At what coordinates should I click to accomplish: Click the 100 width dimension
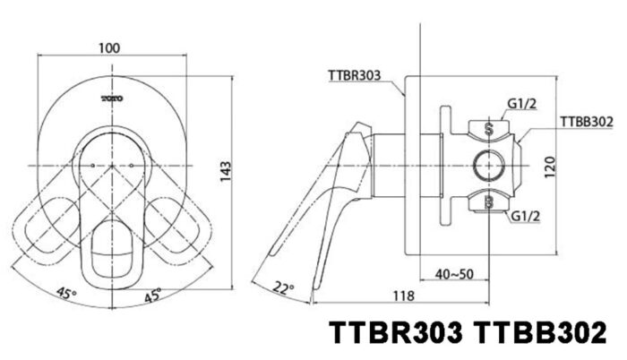click(111, 47)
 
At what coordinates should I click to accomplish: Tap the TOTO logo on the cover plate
click(113, 95)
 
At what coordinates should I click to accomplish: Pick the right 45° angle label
click(152, 294)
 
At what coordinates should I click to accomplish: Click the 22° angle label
click(284, 287)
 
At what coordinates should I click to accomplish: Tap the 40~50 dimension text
click(455, 273)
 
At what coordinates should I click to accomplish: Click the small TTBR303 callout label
click(350, 76)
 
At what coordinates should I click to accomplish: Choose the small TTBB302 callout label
click(586, 120)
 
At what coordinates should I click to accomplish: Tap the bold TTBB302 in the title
click(537, 334)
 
